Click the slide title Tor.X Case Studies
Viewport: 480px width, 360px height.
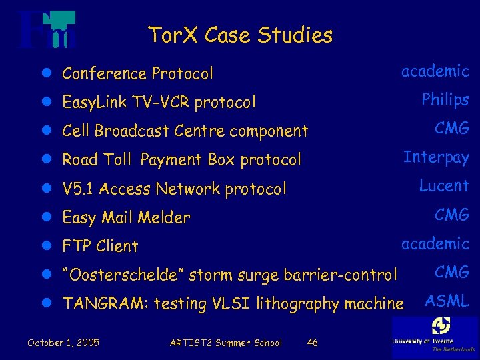tap(240, 35)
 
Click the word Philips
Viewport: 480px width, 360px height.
tap(445, 100)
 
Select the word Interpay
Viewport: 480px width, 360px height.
tap(436, 157)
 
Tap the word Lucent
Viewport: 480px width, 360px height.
tap(444, 186)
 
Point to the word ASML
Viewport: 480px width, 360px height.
tap(447, 301)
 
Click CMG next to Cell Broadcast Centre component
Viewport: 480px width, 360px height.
tap(452, 129)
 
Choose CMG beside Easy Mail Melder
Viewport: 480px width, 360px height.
tap(452, 215)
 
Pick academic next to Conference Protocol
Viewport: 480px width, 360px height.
tap(435, 71)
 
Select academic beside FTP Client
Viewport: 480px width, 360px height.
tap(435, 243)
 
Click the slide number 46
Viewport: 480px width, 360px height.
tap(312, 343)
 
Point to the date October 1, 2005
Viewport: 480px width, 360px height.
tap(63, 343)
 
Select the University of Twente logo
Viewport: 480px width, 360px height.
tap(435, 335)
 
